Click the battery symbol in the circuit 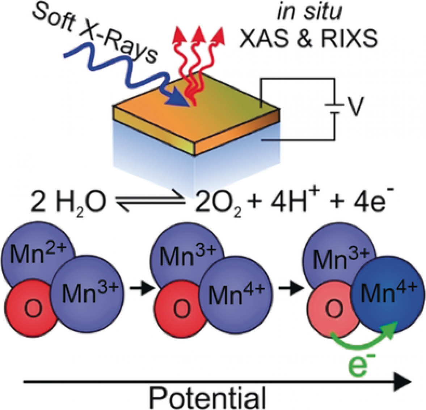333,108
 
